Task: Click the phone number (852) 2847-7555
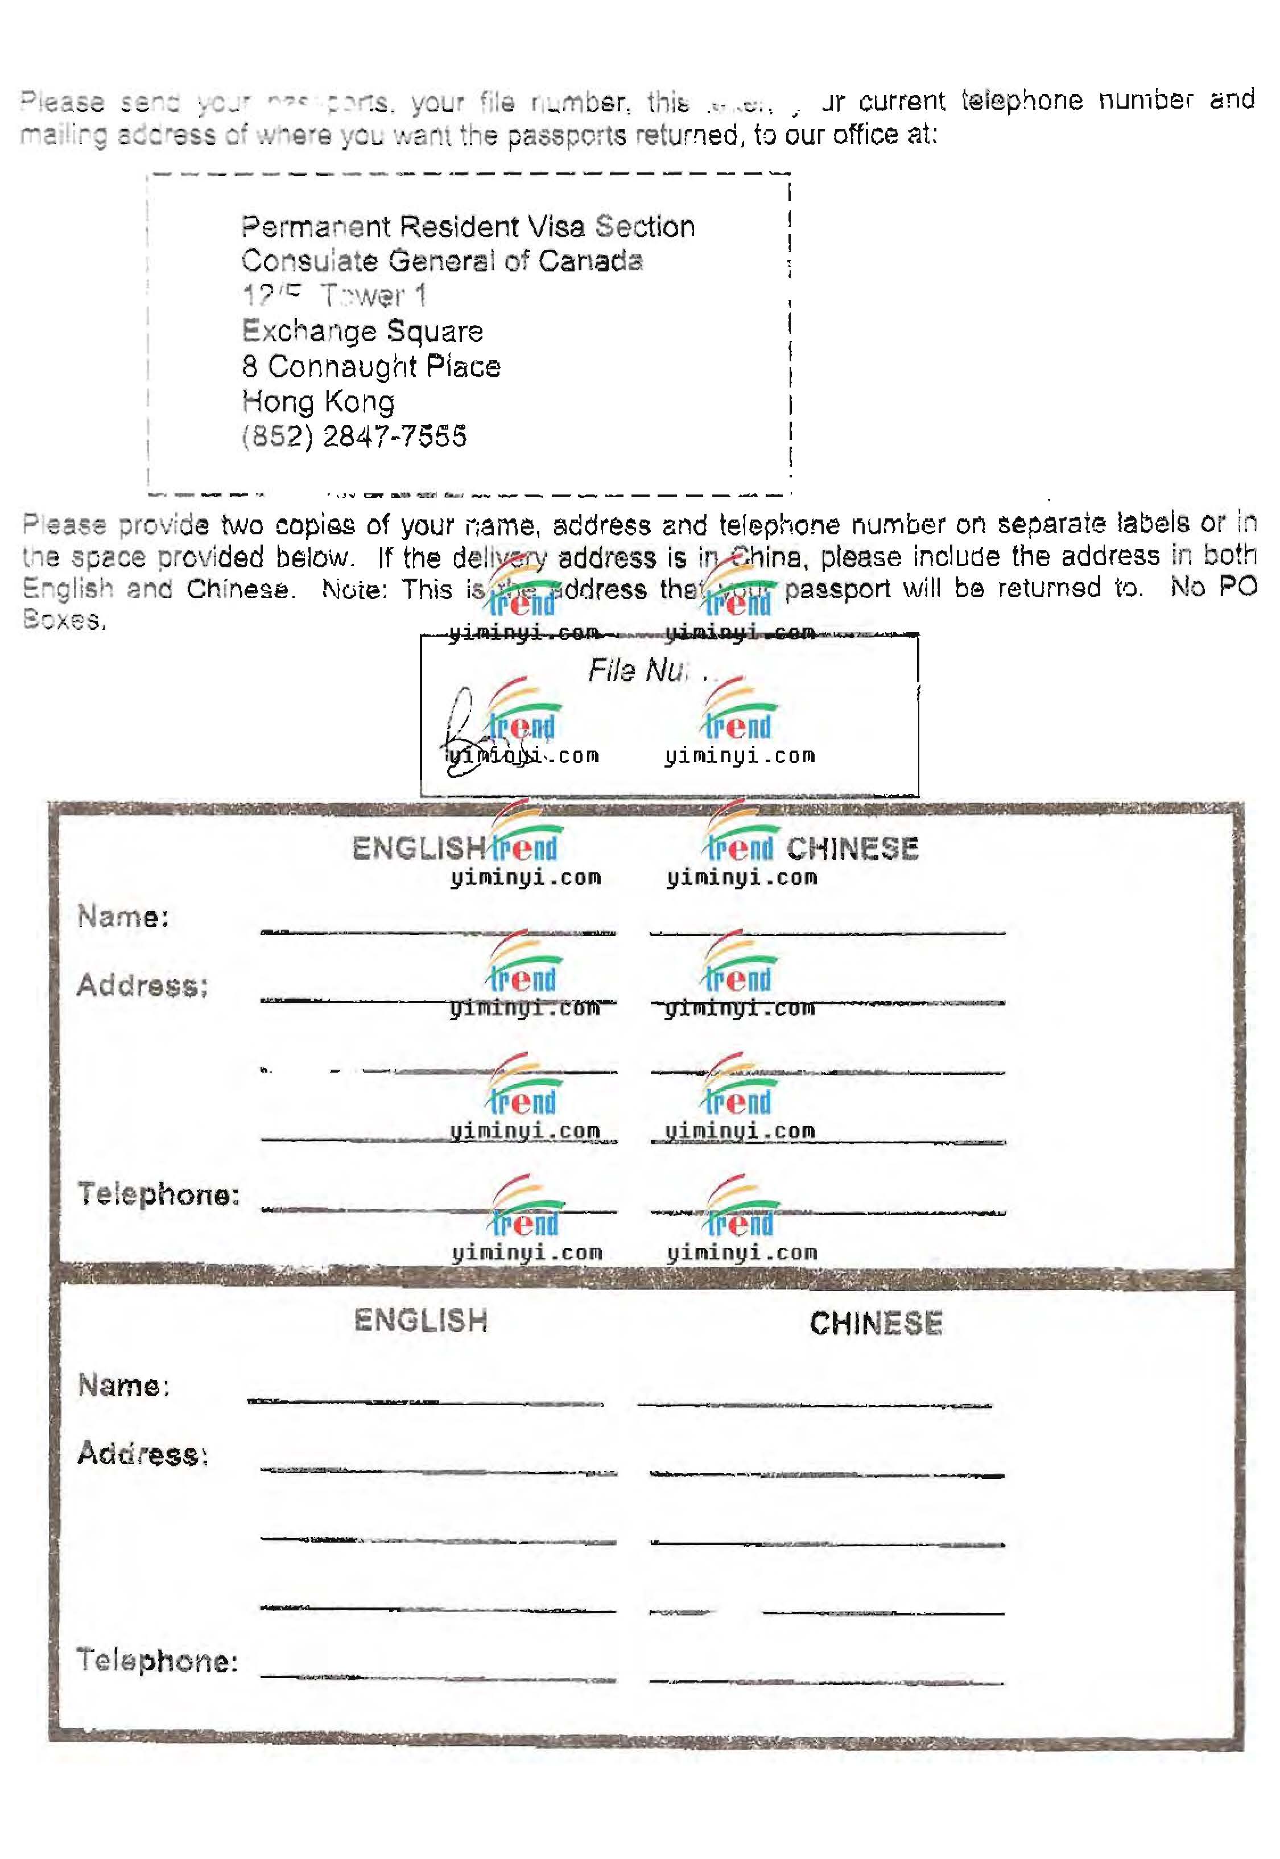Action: (x=354, y=436)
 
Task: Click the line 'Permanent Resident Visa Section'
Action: (x=468, y=227)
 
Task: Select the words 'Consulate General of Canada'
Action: (x=442, y=261)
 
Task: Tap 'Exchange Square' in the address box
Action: (x=362, y=331)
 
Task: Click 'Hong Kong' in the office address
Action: (x=319, y=401)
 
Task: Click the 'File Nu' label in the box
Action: (x=638, y=670)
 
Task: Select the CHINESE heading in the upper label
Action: (x=853, y=848)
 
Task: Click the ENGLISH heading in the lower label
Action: (x=421, y=1320)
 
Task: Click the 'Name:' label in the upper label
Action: (x=123, y=917)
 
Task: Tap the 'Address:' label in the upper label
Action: (x=143, y=986)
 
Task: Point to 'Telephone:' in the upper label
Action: (x=159, y=1194)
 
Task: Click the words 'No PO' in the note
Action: (x=1213, y=587)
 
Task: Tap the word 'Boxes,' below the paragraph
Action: (x=64, y=620)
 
